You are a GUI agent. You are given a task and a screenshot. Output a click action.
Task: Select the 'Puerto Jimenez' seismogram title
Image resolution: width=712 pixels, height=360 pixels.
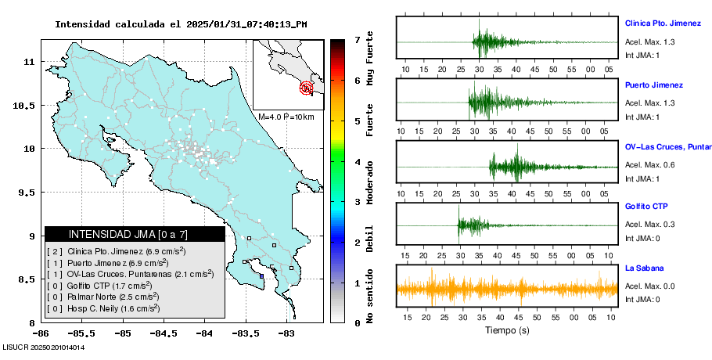tap(653, 85)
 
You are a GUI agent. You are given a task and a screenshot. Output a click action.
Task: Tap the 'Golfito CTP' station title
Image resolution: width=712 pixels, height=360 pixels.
tap(646, 207)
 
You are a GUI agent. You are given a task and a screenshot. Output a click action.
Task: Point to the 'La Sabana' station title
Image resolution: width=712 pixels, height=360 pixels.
tap(643, 268)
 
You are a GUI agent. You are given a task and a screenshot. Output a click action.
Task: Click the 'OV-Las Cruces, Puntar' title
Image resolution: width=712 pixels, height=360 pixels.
tap(667, 146)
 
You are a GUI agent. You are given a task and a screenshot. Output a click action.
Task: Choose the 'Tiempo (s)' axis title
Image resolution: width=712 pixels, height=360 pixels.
tap(507, 330)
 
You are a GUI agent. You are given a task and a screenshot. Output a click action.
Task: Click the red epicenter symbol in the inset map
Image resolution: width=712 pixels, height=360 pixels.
tap(307, 88)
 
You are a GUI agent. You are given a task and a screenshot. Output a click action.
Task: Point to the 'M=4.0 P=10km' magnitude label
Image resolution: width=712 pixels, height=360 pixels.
tap(286, 117)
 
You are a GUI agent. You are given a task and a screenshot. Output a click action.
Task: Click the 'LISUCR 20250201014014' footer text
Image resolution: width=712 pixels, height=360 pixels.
tap(43, 347)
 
